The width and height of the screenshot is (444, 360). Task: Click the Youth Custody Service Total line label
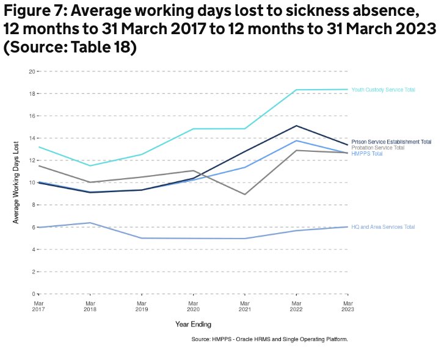383,90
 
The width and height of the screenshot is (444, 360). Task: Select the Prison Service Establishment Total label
391,142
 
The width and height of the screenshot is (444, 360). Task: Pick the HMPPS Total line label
366,154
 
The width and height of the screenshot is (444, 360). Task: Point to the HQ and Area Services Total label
383,227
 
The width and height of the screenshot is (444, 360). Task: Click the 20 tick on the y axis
32,71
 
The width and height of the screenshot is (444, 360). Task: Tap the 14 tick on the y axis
32,138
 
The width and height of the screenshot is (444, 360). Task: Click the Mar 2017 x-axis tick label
38,306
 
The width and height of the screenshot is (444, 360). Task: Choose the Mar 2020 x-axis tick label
192,306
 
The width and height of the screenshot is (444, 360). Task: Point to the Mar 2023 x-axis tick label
347,306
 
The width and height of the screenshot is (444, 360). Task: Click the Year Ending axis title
193,324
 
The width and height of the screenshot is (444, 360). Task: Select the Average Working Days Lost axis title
16,183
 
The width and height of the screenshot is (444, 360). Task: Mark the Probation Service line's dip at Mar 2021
244,195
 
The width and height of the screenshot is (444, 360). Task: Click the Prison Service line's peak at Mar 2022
296,126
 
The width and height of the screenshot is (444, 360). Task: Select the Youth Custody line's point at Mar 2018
90,166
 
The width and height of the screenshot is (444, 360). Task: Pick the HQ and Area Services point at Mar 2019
141,238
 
